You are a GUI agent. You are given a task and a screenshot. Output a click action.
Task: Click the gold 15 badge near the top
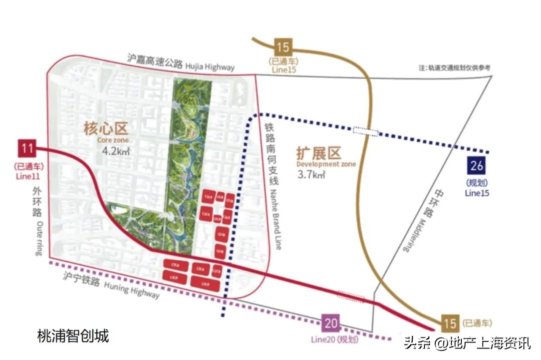pos(283,48)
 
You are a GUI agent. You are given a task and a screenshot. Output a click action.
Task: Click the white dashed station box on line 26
pos(366,131)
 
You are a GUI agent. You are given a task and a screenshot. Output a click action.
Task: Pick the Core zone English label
pos(113,141)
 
